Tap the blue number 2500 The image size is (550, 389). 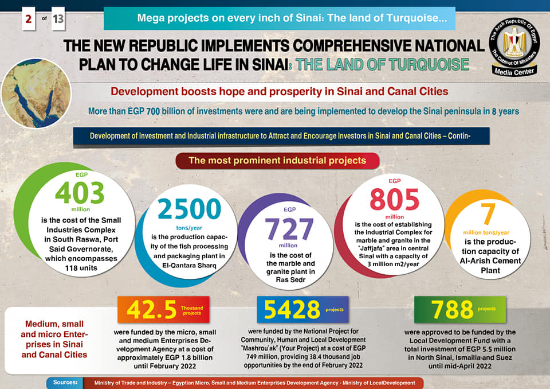tap(188, 211)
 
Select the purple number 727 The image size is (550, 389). tap(289, 229)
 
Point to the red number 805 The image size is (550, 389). tap(394, 200)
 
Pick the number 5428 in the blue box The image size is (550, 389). tap(292, 310)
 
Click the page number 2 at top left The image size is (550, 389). tap(27, 20)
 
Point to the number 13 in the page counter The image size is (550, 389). tap(58, 20)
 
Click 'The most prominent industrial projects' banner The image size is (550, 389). tap(277, 161)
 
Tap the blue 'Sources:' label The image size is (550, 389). tap(65, 382)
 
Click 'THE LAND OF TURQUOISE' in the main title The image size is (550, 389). tap(383, 64)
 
